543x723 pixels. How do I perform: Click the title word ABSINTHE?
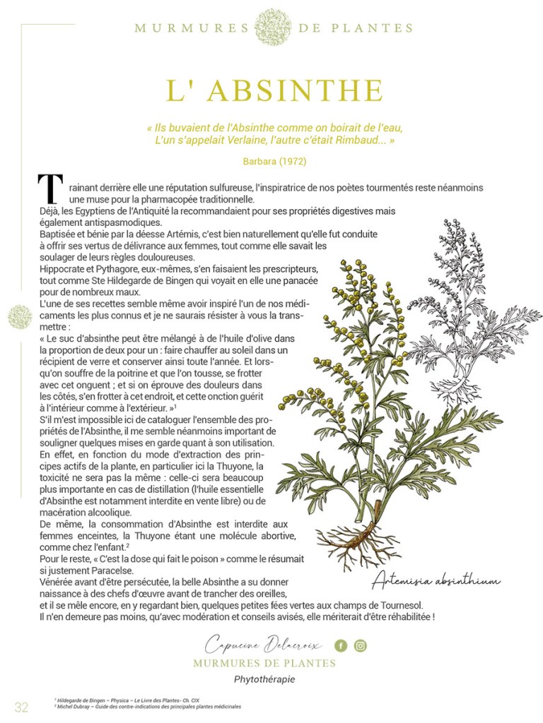point(296,91)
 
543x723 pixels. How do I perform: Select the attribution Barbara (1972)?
point(274,161)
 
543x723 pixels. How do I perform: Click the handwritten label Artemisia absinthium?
point(436,580)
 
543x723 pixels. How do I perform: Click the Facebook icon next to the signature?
point(341,645)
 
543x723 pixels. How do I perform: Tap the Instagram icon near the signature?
point(361,645)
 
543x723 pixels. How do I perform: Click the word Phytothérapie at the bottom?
point(264,679)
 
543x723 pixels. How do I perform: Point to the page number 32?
point(22,707)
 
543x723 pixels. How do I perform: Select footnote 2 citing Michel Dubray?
point(148,706)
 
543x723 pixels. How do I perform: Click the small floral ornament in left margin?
point(20,317)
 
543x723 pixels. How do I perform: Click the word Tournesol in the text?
point(397,605)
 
